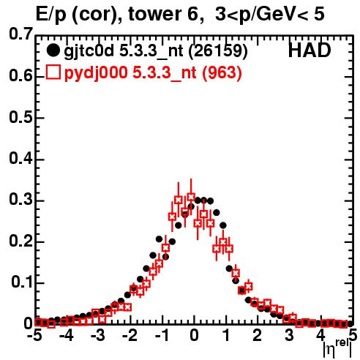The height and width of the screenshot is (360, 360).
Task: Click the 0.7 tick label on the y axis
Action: pos(20,34)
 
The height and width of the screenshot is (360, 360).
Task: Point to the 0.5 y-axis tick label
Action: pos(20,117)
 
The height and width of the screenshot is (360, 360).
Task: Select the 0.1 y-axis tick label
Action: pos(21,282)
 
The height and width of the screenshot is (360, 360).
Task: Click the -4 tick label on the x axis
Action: pos(66,336)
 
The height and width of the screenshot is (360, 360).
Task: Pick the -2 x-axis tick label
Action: pos(130,336)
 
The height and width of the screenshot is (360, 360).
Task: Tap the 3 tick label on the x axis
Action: pos(289,336)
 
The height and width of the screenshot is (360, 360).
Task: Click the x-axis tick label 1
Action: pos(226,336)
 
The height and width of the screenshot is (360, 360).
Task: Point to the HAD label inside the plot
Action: pos(310,50)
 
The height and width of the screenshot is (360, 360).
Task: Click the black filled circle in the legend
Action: pos(53,50)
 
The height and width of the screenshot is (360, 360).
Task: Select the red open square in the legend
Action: pos(53,72)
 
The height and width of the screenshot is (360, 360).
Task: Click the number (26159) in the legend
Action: pos(218,51)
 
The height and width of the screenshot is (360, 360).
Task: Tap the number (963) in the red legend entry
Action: pos(222,73)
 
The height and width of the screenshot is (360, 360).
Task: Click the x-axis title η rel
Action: pos(337,350)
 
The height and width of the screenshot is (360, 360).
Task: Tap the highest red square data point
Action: pos(191,197)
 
